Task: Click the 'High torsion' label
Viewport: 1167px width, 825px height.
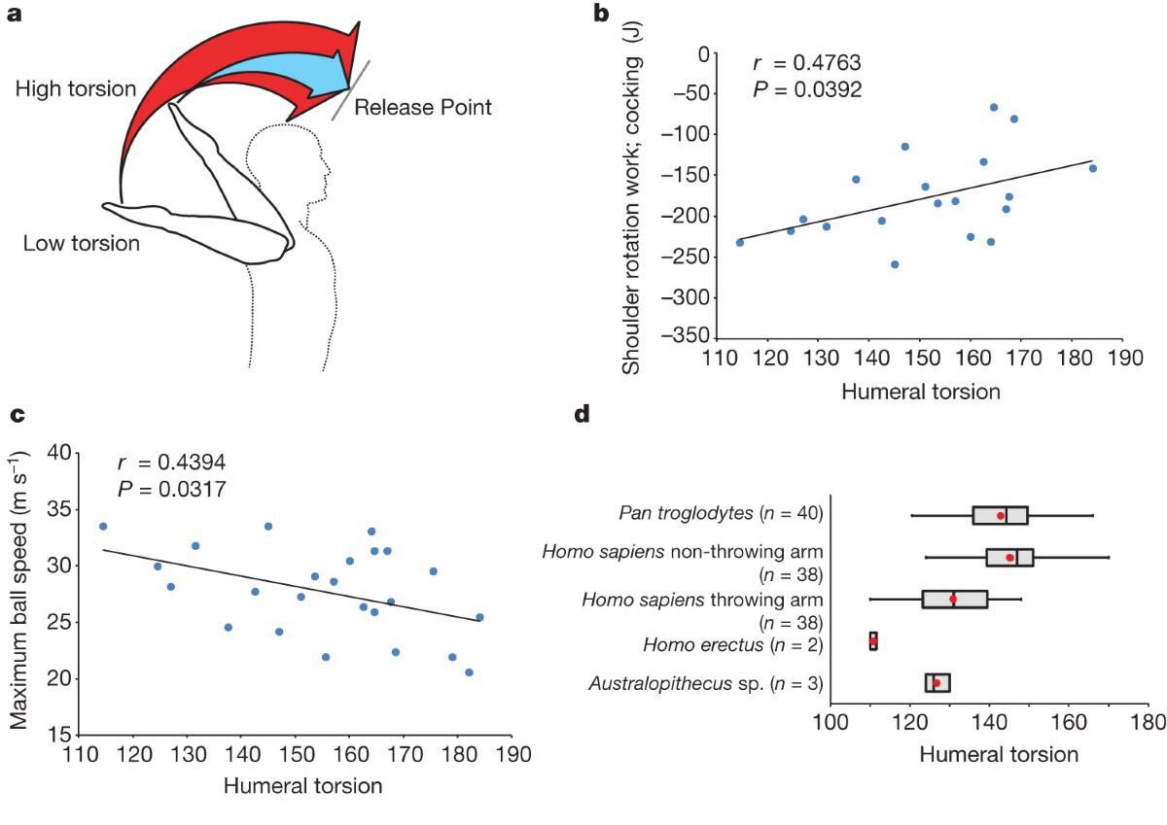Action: [76, 88]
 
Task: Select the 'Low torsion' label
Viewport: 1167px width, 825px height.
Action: [82, 243]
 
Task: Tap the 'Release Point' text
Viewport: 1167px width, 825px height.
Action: [422, 107]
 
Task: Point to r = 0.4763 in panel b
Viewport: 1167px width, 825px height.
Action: [807, 63]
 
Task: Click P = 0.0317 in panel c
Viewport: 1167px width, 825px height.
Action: [172, 490]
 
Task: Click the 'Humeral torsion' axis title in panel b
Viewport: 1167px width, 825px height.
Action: [921, 392]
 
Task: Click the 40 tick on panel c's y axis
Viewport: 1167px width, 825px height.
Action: [59, 452]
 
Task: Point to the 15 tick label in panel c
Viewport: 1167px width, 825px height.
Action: [59, 735]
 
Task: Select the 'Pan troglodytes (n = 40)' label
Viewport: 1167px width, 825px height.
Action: [721, 513]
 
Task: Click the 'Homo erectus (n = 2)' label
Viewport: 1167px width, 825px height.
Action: [733, 645]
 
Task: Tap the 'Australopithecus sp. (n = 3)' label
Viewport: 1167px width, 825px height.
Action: [706, 683]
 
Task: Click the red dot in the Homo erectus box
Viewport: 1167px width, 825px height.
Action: [873, 641]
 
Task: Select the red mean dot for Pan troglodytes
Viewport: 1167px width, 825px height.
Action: [1001, 515]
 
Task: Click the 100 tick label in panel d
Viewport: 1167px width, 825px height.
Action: [831, 722]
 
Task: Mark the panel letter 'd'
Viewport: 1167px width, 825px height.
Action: [582, 414]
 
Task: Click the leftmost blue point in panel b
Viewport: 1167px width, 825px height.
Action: [740, 243]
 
